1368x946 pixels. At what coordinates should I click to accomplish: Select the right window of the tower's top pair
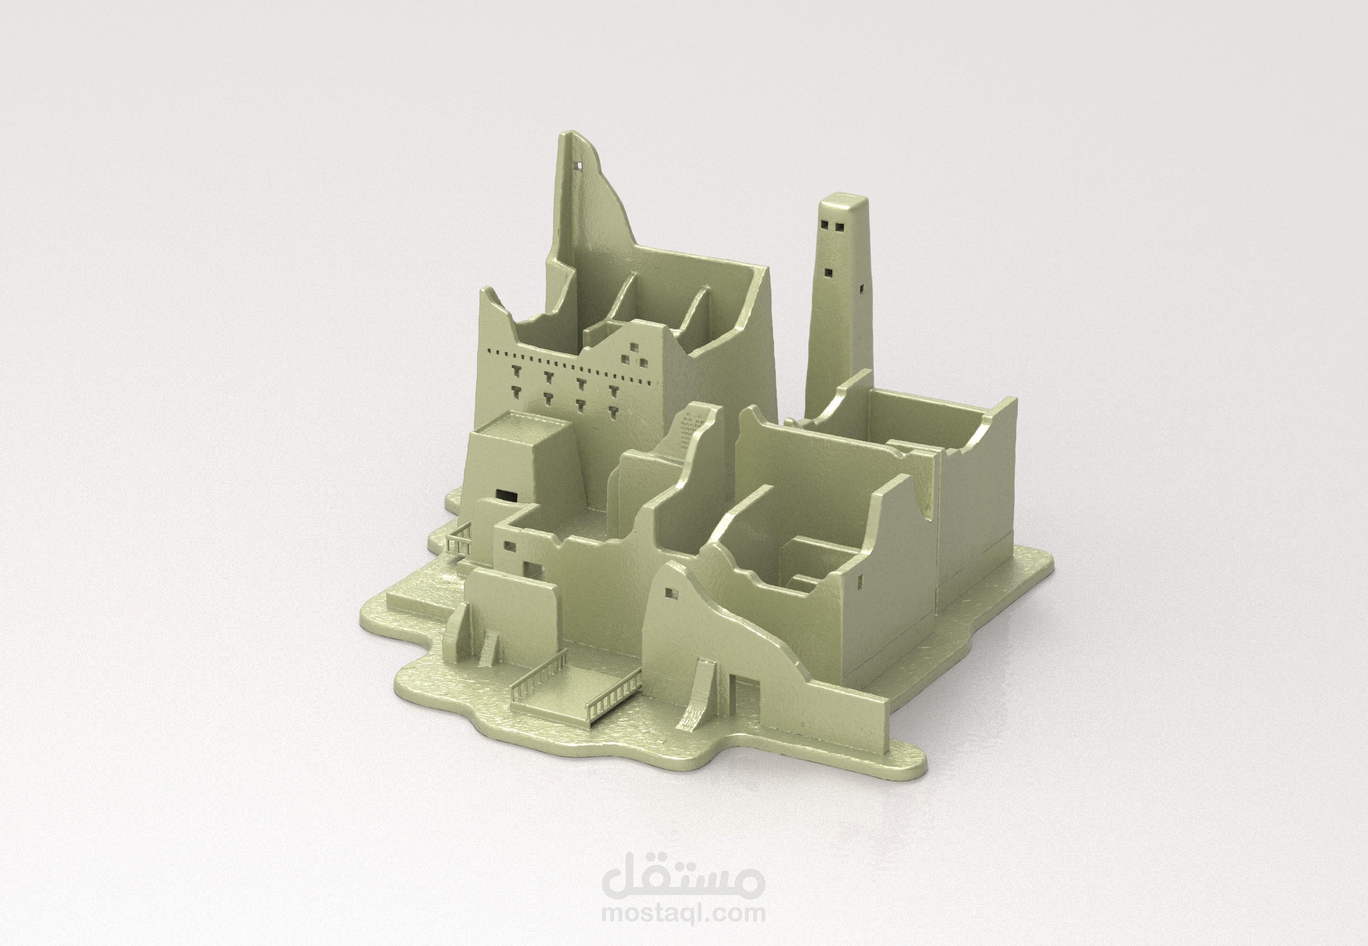pyautogui.click(x=838, y=226)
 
